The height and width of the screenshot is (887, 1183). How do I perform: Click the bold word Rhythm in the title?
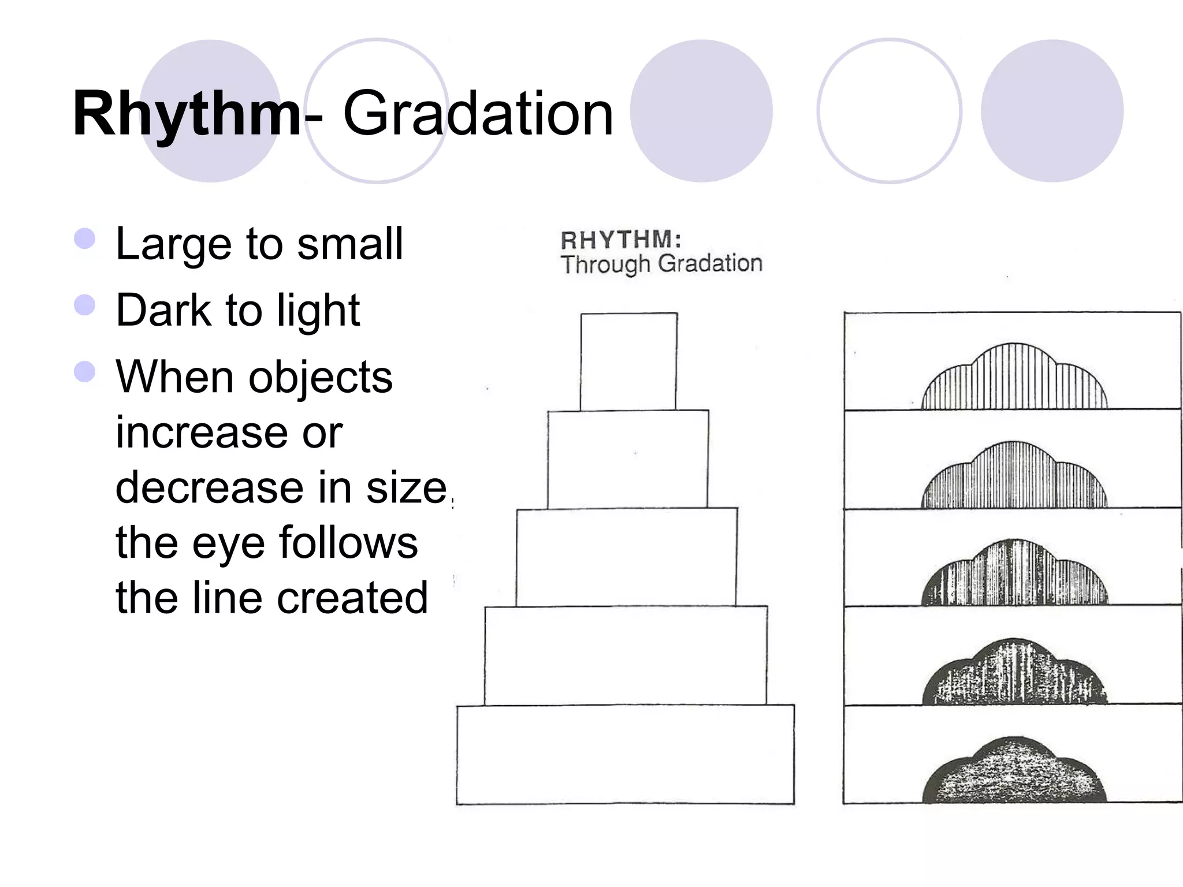pyautogui.click(x=186, y=114)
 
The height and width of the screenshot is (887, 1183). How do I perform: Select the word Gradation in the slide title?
pyautogui.click(x=478, y=114)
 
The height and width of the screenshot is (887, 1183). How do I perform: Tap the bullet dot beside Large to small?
pyautogui.click(x=85, y=238)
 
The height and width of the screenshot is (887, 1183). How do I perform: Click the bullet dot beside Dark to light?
pyautogui.click(x=85, y=305)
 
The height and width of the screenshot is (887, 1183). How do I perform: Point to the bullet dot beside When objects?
pyautogui.click(x=85, y=372)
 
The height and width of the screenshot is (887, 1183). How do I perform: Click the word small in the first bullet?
pyautogui.click(x=349, y=244)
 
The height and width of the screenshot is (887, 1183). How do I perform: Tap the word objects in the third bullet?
pyautogui.click(x=321, y=378)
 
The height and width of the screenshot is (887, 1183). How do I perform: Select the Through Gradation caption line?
pyautogui.click(x=661, y=264)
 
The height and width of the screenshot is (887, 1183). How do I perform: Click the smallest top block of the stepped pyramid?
pyautogui.click(x=628, y=361)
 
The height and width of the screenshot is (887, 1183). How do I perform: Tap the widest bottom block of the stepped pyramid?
pyautogui.click(x=625, y=754)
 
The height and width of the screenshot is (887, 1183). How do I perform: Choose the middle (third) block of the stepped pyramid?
pyautogui.click(x=627, y=557)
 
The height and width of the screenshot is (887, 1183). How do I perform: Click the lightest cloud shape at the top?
pyautogui.click(x=1014, y=378)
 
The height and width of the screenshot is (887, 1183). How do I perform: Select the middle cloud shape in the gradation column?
pyautogui.click(x=1014, y=575)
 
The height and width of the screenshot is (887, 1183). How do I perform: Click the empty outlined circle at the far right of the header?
pyautogui.click(x=890, y=111)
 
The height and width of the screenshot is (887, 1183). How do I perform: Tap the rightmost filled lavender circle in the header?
pyautogui.click(x=1052, y=111)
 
